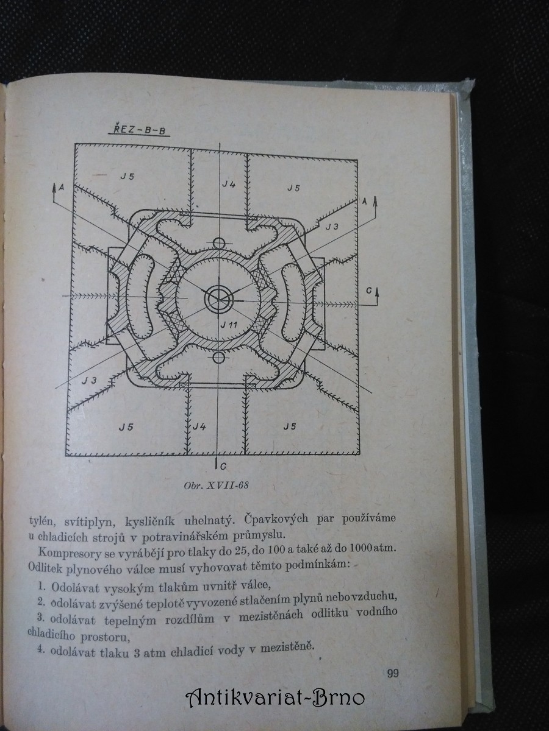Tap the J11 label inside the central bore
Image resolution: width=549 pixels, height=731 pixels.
(x=229, y=323)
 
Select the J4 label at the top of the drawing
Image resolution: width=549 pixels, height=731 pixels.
(x=229, y=183)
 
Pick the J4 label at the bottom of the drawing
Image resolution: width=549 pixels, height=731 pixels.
(x=199, y=426)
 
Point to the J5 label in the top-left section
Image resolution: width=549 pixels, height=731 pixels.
(x=127, y=176)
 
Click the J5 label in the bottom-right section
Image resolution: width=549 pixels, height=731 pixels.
(x=290, y=426)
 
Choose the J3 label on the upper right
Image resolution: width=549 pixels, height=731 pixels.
(x=332, y=227)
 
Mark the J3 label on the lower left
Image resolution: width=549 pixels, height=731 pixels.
(x=89, y=380)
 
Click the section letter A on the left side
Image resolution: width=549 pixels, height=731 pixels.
(x=62, y=188)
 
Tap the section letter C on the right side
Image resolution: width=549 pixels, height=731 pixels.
(x=368, y=291)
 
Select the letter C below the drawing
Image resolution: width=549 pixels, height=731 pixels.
(x=223, y=467)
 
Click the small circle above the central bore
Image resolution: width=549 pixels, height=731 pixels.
(x=219, y=243)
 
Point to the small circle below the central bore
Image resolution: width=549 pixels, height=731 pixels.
(x=218, y=358)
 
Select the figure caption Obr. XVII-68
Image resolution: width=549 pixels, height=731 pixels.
(x=217, y=486)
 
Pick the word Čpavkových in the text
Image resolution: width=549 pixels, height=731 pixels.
(x=276, y=519)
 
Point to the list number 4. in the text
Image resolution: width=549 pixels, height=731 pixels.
(x=41, y=649)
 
